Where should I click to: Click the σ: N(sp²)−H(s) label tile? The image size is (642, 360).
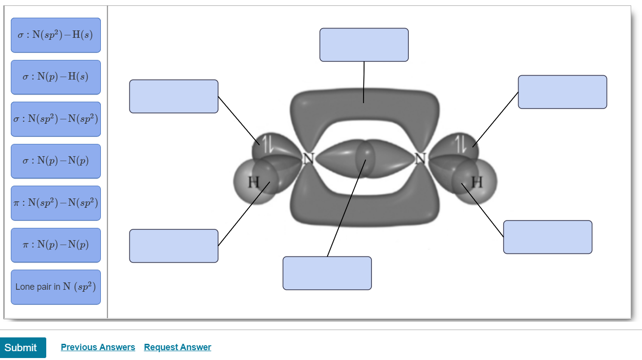pos(56,35)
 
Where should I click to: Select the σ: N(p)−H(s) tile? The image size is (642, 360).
pos(56,77)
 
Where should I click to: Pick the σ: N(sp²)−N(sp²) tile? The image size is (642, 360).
pos(56,119)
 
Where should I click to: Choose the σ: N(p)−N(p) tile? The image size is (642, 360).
pos(56,161)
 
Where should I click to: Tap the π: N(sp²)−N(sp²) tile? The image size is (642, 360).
pos(56,203)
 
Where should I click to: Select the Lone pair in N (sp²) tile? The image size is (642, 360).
pos(56,287)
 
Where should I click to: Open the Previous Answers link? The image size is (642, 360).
pos(98,347)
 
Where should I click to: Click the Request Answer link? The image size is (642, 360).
pos(178,347)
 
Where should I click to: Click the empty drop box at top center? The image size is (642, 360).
pos(364,45)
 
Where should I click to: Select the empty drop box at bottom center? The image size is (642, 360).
pos(327,273)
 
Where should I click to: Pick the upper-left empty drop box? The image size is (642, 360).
pos(174,96)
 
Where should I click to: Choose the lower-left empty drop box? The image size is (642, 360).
pos(174,246)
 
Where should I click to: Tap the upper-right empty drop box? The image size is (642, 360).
pos(562,92)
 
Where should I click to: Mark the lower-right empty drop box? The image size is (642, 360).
pos(548,237)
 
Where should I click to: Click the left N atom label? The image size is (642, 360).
pos(308,159)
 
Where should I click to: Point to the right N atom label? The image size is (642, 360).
pos(420,159)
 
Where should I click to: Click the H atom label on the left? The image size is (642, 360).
pos(253,182)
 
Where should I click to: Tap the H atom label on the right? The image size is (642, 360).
pos(477,182)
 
